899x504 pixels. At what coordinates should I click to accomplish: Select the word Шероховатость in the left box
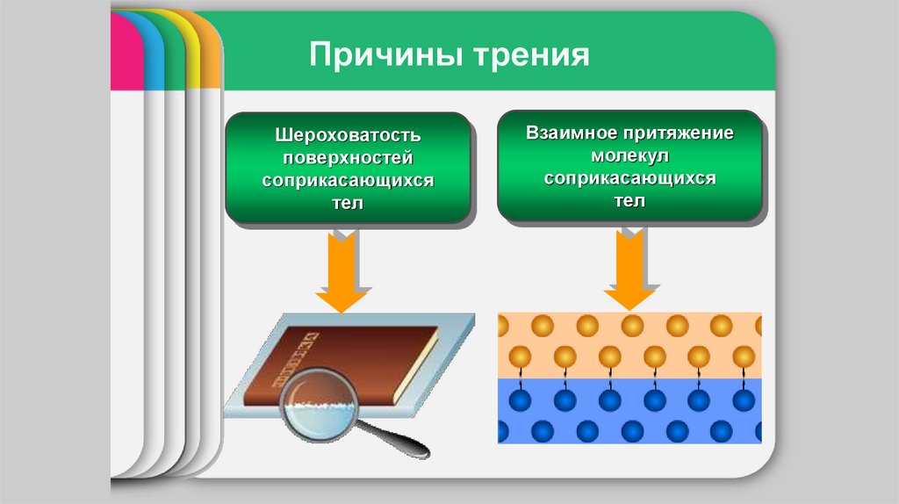pos(349,137)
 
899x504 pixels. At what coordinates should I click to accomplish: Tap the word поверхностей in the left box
pos(349,159)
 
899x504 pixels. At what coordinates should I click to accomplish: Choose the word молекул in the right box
pos(629,156)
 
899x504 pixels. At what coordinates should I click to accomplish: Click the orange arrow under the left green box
pos(342,272)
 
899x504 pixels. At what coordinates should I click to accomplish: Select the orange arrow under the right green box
pos(629,272)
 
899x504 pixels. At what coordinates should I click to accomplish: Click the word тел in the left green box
pos(349,203)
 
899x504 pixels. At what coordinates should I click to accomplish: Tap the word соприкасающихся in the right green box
pos(629,178)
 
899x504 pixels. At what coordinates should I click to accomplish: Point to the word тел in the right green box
pos(629,200)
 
